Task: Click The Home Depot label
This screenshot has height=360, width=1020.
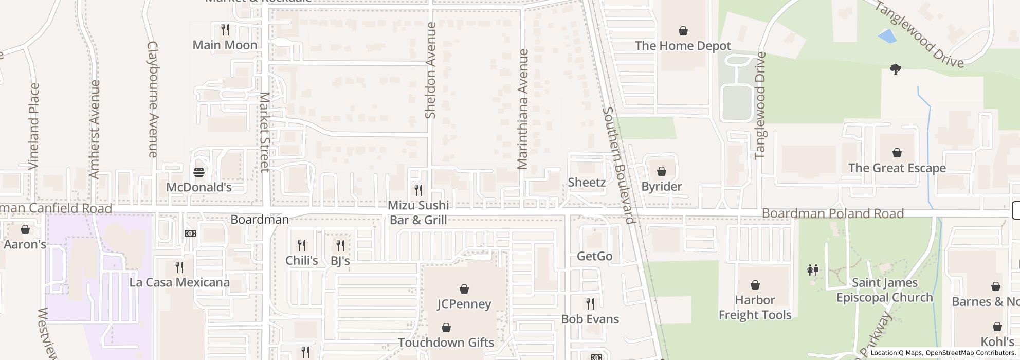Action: pos(683,46)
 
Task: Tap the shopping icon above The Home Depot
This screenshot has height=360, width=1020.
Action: pos(683,31)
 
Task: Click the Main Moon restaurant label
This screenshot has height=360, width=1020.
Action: pos(225,45)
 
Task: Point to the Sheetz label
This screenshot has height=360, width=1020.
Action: pos(587,182)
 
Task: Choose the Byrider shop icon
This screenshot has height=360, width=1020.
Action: pos(662,171)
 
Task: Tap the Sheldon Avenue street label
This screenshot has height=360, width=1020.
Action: pos(431,70)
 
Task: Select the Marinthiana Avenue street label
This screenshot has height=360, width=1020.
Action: pos(523,109)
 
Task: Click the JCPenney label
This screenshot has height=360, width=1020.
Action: pos(464,304)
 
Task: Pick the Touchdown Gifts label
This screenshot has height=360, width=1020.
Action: pos(446,342)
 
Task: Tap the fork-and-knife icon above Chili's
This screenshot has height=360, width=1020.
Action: pos(302,245)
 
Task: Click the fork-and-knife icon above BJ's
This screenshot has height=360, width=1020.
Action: pos(340,246)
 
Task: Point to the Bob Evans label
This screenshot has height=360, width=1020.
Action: pos(590,319)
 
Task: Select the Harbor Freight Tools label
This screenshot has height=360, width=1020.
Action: pos(755,307)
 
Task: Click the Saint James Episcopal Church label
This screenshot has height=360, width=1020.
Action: pos(884,290)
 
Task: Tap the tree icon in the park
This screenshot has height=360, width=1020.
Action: pos(895,69)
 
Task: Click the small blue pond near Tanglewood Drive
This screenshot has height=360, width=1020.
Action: pos(886,37)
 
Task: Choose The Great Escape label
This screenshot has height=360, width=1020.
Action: pos(897,168)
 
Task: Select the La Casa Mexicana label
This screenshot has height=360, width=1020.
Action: pos(179,282)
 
